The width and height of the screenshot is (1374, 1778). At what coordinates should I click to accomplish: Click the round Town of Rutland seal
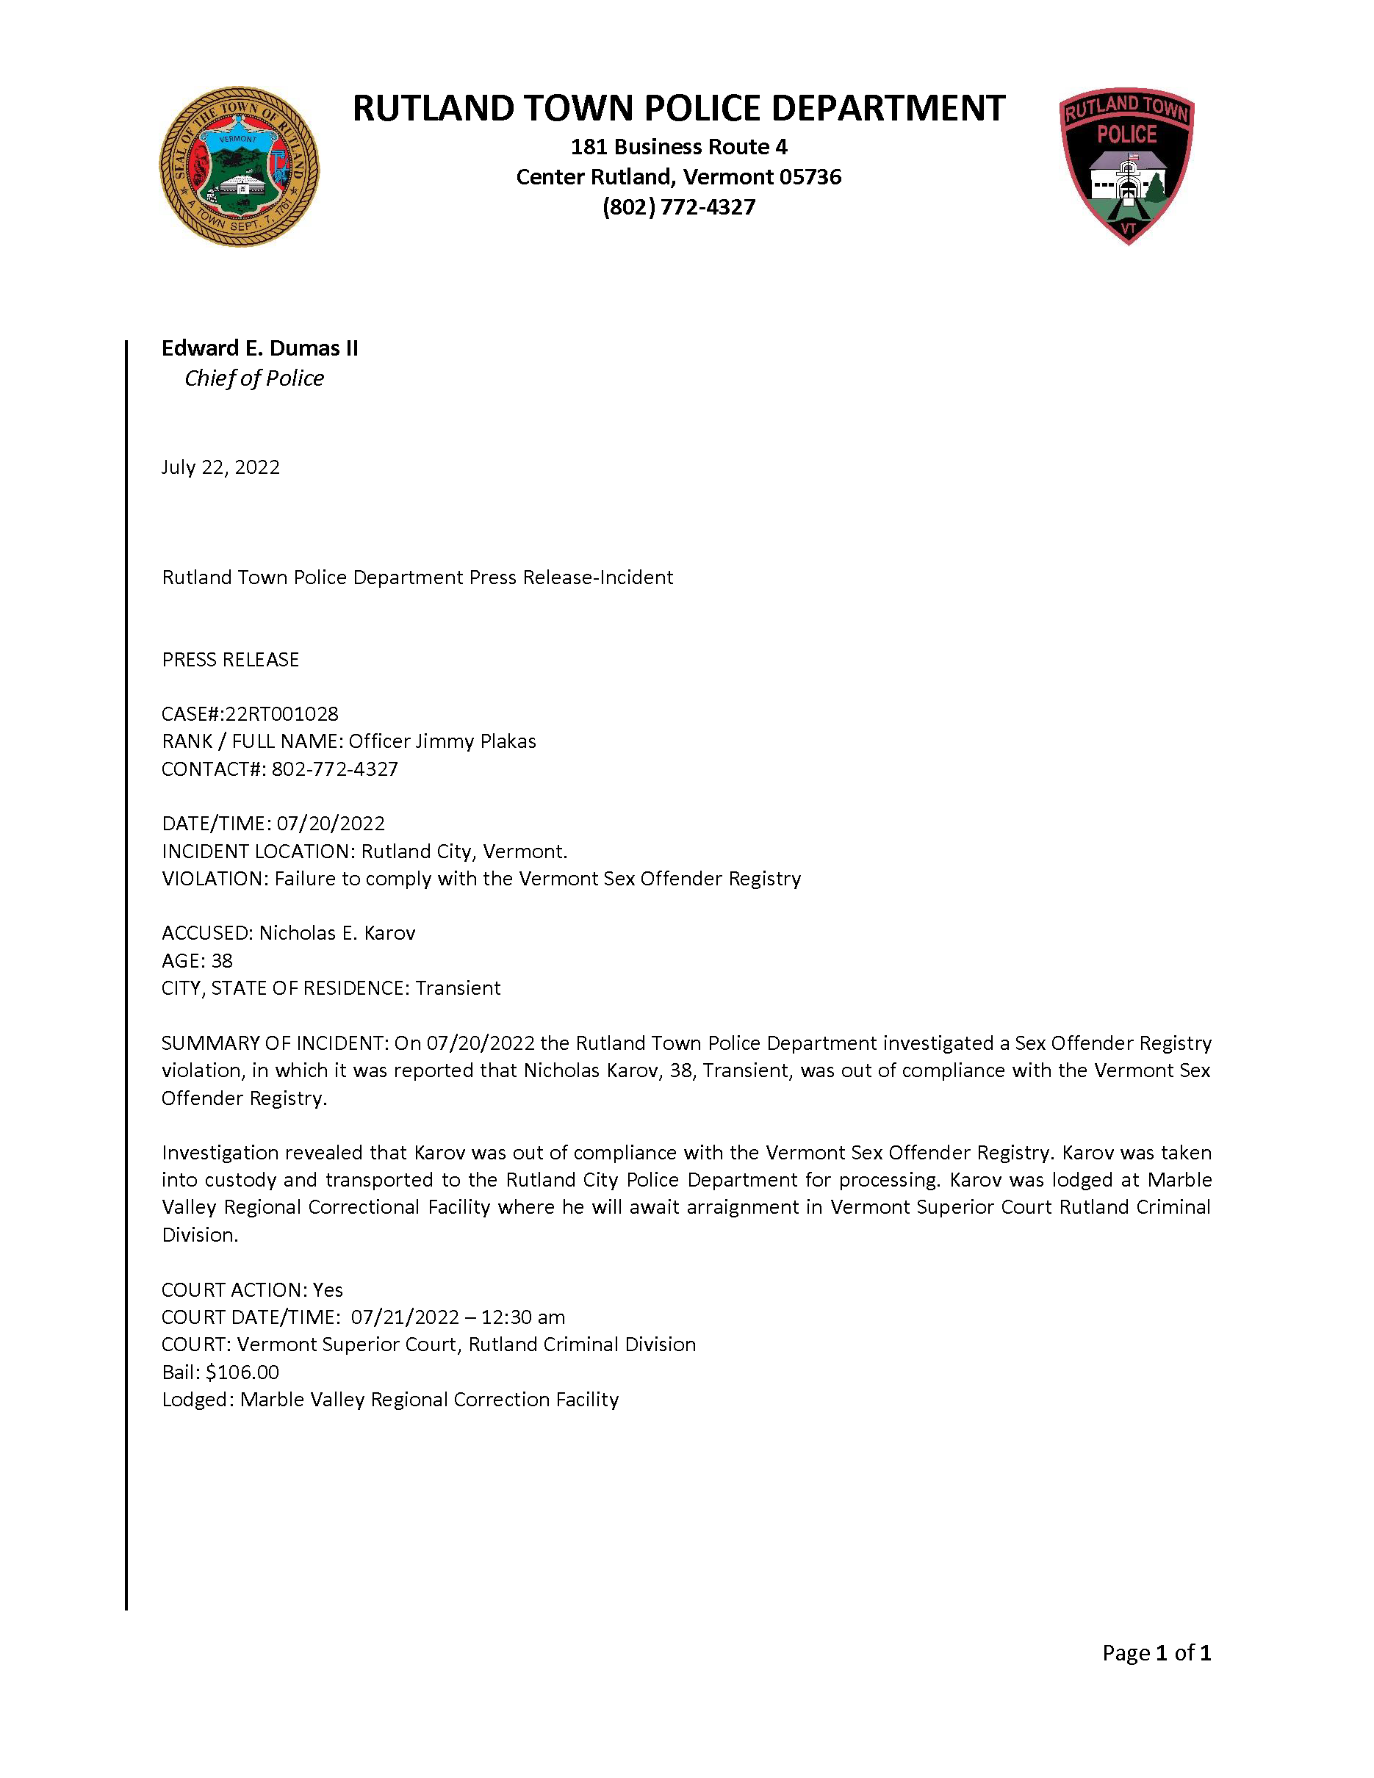239,167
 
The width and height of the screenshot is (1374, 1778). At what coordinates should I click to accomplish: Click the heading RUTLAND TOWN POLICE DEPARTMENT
678,108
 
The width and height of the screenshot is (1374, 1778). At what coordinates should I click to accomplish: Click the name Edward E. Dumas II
259,348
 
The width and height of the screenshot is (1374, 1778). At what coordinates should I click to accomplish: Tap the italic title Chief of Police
254,378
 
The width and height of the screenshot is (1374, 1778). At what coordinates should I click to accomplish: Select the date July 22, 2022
220,467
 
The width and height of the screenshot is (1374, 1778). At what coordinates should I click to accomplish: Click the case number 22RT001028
281,714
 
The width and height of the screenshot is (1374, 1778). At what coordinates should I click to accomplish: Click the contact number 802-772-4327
334,769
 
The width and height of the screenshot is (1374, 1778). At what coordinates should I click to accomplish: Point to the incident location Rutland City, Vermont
463,852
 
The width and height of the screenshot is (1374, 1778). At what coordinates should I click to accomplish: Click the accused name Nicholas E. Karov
337,933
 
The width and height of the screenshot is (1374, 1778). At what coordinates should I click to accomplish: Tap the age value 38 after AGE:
221,961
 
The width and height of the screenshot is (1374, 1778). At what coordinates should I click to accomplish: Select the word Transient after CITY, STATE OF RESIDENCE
458,988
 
